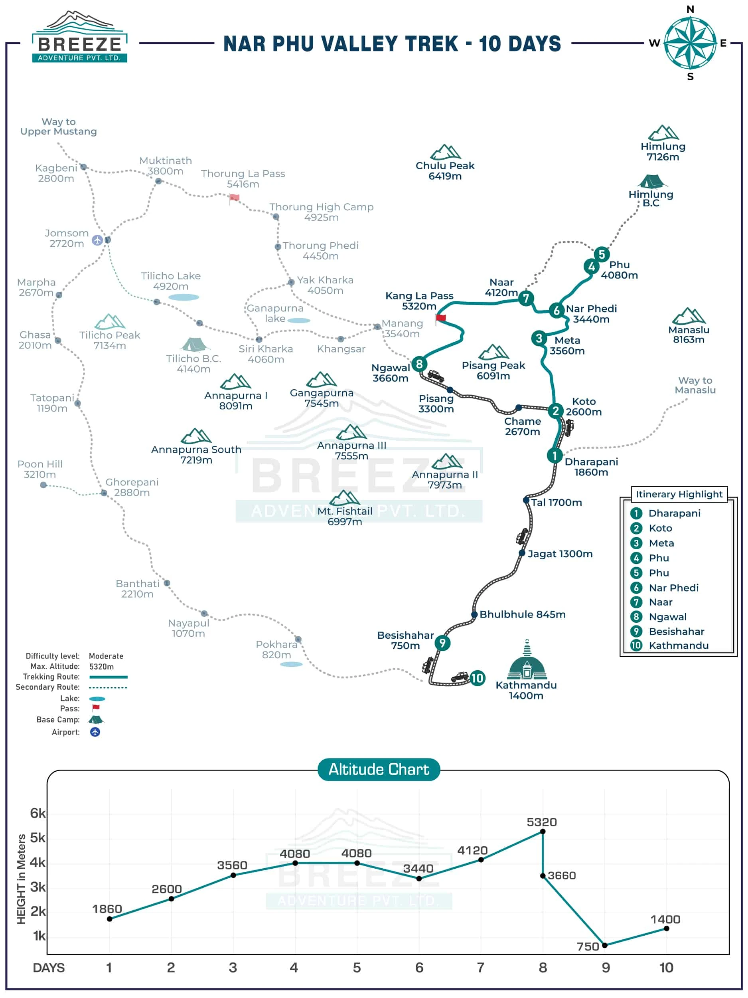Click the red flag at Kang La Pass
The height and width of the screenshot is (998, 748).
click(440, 318)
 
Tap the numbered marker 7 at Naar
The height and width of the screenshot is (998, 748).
click(526, 298)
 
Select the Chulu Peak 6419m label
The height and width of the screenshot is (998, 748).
click(445, 171)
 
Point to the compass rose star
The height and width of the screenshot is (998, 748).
click(690, 43)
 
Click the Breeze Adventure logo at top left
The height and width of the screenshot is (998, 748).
click(79, 38)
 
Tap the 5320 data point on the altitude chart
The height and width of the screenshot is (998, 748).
click(543, 832)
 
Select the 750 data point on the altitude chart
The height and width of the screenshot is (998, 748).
click(605, 945)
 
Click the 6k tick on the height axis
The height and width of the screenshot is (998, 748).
click(38, 813)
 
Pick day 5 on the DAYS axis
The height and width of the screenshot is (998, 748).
click(357, 968)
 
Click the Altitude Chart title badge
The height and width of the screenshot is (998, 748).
click(379, 769)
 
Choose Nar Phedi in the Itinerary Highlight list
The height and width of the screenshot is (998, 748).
click(674, 588)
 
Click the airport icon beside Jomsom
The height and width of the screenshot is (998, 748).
click(97, 240)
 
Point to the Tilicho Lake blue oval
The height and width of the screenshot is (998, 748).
click(184, 297)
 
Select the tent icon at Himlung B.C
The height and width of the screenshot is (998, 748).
click(651, 181)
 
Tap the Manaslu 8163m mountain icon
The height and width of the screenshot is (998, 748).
click(689, 316)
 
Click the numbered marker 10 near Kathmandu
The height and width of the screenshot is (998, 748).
click(477, 678)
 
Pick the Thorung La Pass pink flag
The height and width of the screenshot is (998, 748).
click(234, 198)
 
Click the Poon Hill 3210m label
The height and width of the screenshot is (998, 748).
click(40, 469)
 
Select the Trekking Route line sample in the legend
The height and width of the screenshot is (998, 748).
click(108, 677)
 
